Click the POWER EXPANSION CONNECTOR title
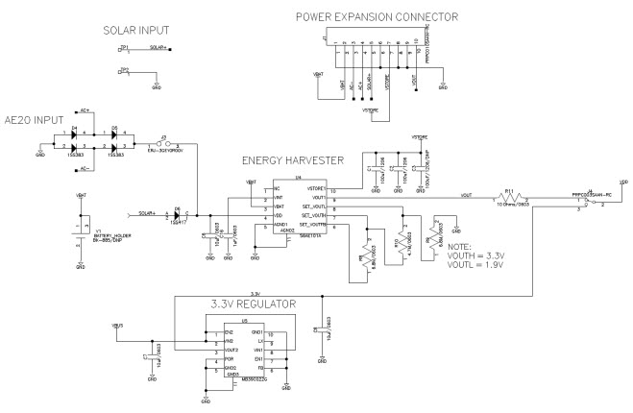[377, 17]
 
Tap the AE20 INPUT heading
[37, 109]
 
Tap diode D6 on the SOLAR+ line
[179, 213]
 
